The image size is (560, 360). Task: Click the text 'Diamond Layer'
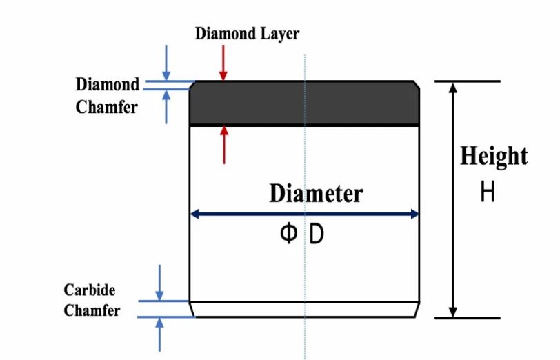point(247,34)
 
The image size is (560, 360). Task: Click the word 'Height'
point(494,156)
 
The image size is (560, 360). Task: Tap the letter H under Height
point(488,191)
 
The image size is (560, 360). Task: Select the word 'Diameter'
point(316,193)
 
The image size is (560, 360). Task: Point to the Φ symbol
point(288,233)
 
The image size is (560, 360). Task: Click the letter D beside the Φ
point(317,234)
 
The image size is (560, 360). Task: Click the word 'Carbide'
point(90,290)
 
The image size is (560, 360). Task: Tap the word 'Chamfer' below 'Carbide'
point(92,310)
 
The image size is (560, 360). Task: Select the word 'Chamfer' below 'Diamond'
point(106,107)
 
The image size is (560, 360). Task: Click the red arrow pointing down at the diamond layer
point(223,63)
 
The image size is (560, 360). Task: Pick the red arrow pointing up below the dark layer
point(224,145)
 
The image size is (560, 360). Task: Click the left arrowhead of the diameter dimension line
point(195,214)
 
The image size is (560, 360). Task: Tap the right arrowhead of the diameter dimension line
point(414,214)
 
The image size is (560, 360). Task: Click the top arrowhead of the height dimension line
point(453,88)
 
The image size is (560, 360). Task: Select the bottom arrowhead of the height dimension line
point(453,312)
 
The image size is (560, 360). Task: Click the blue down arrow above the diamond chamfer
point(166,63)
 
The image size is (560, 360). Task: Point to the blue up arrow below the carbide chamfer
point(159,334)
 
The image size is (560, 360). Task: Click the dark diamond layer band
point(304,103)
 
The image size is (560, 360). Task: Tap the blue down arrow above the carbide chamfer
point(159,283)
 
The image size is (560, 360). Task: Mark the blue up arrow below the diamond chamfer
point(166,106)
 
